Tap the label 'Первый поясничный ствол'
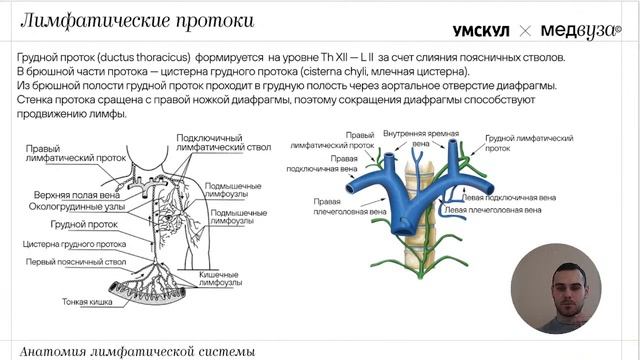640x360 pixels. (69, 261)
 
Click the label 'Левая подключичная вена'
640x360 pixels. (500, 197)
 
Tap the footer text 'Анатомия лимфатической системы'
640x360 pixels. (137, 351)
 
